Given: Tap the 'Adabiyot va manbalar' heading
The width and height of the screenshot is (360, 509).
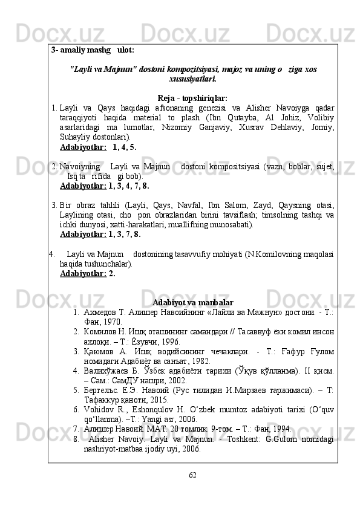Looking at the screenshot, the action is pos(193,302).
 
